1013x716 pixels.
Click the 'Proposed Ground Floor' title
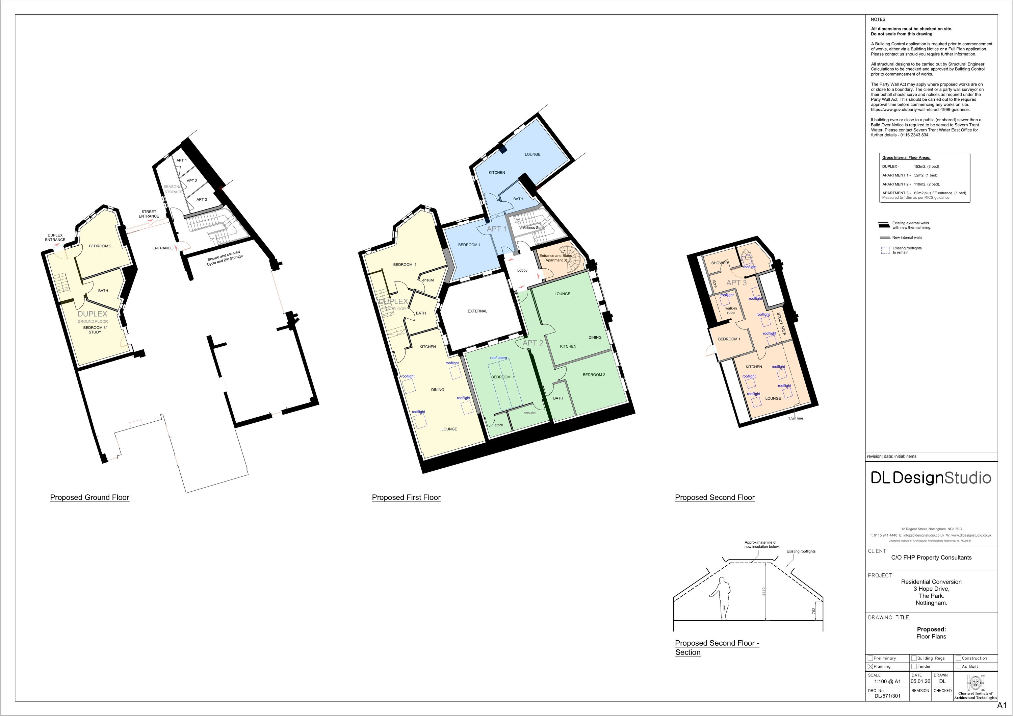tap(89, 497)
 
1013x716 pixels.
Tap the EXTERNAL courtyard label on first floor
tap(477, 311)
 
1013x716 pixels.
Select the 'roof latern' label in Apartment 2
tap(498, 357)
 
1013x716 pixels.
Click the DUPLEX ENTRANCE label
tap(55, 238)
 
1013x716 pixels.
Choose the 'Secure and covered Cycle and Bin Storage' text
tap(225, 259)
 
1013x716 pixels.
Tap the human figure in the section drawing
tap(722, 598)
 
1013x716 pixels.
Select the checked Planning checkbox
tap(871, 667)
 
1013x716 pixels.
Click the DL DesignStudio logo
tap(931, 478)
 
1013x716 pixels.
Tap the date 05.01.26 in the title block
tap(920, 681)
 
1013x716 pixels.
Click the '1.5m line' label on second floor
tap(796, 418)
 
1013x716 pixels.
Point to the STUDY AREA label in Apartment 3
tap(781, 324)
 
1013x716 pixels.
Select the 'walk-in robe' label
tap(731, 310)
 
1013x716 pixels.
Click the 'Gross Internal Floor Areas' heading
tap(906, 157)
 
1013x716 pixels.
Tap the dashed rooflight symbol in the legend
tap(885, 250)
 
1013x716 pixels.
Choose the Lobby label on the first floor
tap(522, 270)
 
